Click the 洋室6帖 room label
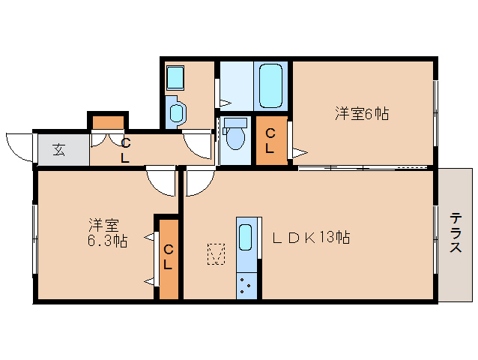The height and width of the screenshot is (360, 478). click(362, 114)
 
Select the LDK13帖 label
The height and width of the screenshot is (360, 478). click(310, 238)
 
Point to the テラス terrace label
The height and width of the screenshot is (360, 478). click(456, 233)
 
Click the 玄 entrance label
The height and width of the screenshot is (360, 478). click(58, 149)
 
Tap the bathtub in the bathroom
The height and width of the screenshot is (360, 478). click(270, 86)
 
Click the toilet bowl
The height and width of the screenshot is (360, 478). click(235, 139)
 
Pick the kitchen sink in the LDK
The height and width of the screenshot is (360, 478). click(246, 239)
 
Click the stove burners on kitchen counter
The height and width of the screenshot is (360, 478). click(246, 286)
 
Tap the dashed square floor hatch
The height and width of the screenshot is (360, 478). click(217, 254)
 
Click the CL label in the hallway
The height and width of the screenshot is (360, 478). click(125, 150)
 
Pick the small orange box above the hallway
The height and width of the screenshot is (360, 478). click(109, 121)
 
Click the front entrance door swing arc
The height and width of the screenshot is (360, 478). click(19, 145)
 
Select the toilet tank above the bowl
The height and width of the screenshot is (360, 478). click(235, 122)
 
